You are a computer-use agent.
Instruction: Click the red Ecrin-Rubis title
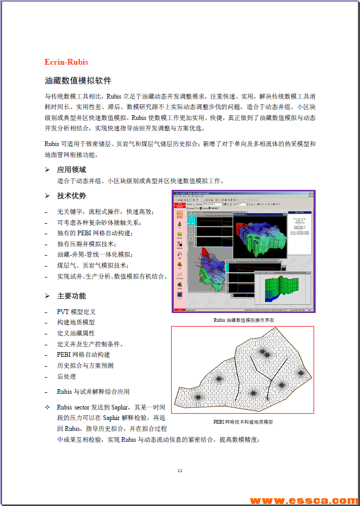click(66, 62)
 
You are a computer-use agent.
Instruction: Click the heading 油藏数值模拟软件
click(78, 81)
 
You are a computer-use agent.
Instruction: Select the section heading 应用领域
click(71, 170)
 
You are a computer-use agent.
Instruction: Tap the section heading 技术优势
click(71, 196)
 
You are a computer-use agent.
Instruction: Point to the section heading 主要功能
click(71, 296)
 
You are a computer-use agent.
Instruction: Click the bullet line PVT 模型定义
click(76, 311)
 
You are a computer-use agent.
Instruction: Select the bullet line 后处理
click(66, 376)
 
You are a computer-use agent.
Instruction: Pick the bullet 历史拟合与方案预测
click(85, 365)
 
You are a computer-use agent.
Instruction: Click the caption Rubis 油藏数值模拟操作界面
click(244, 320)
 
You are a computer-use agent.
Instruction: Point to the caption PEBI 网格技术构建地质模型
click(243, 422)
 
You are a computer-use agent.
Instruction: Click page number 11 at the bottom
click(180, 471)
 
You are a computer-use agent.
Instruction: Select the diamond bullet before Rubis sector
click(47, 407)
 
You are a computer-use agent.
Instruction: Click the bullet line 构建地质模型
click(76, 322)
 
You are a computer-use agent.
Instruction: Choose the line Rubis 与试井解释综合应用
click(93, 391)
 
